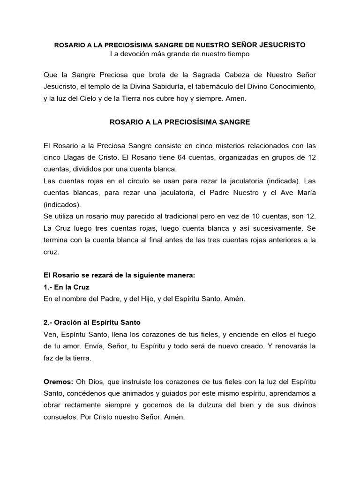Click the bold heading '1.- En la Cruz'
66,286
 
